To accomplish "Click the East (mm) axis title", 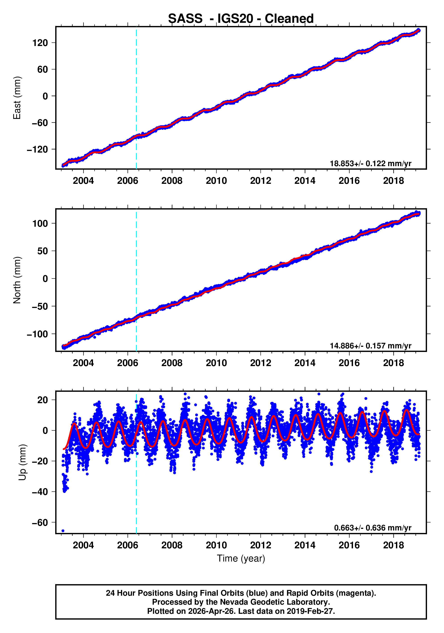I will click(x=17, y=98).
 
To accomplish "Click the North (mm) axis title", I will click(x=17, y=280).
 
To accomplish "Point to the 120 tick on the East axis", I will click(x=40, y=43).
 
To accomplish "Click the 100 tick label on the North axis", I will click(x=40, y=224).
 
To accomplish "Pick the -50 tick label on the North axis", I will click(x=40, y=306).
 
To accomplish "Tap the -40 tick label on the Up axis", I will click(x=40, y=492).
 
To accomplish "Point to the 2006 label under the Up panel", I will click(x=127, y=545).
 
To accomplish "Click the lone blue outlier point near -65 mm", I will click(x=63, y=531).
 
